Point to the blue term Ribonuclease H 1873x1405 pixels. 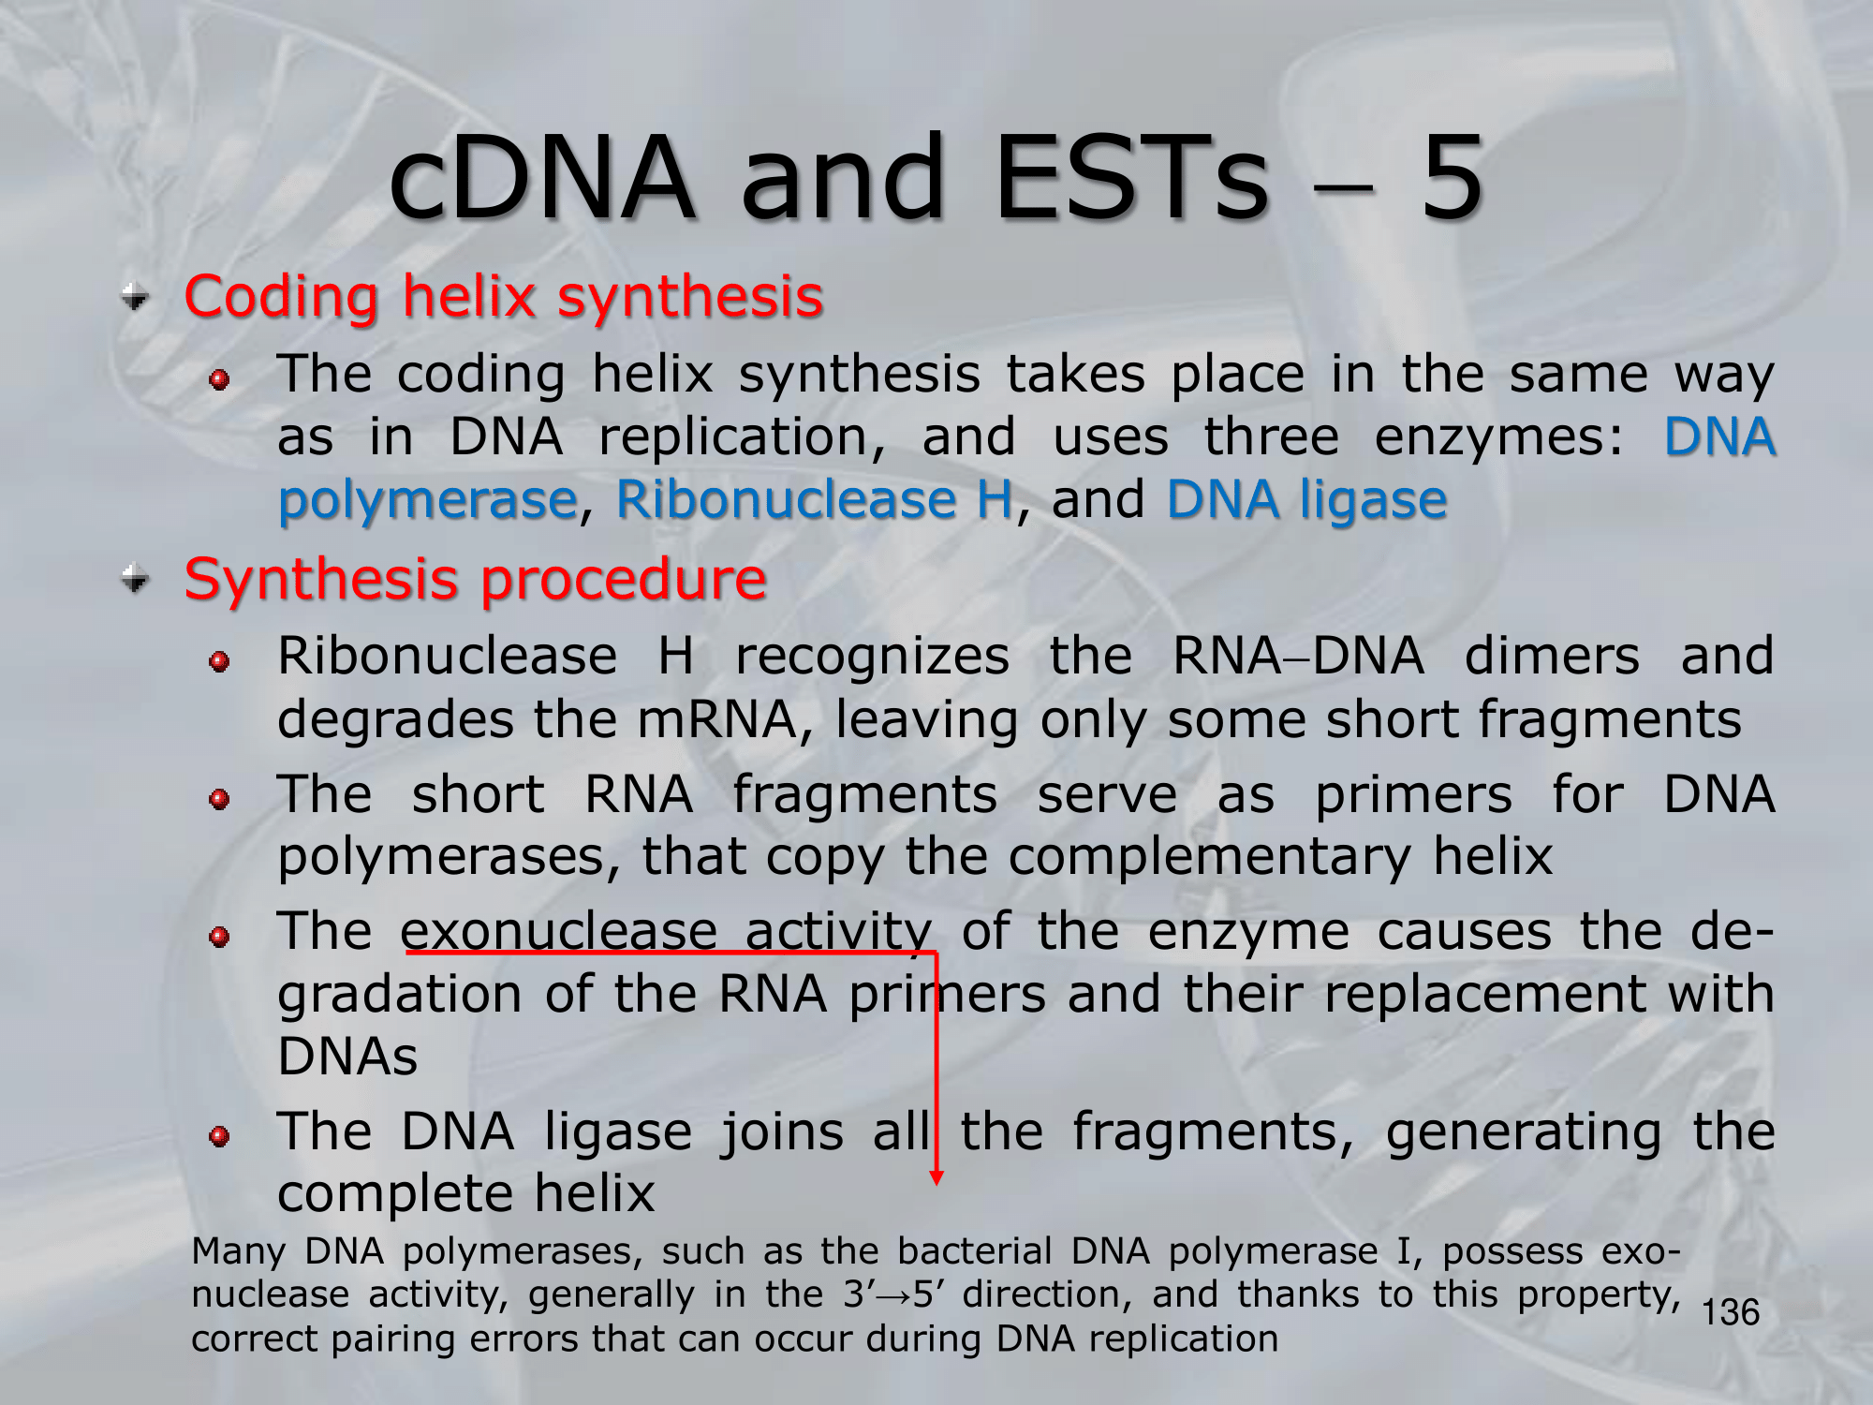click(815, 498)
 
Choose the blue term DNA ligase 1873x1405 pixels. click(1307, 498)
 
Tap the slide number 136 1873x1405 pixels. click(1731, 1312)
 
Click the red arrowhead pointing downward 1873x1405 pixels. click(936, 1177)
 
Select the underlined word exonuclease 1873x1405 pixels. click(558, 931)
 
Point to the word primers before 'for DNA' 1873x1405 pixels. click(1413, 794)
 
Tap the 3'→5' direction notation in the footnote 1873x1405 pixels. click(895, 1294)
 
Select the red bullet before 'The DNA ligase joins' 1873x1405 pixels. click(219, 1136)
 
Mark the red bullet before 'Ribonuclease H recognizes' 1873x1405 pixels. click(219, 662)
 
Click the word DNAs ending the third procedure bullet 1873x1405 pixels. click(347, 1057)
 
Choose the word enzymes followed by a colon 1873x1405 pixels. click(1498, 437)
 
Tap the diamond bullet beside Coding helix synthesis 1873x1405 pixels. click(136, 298)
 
